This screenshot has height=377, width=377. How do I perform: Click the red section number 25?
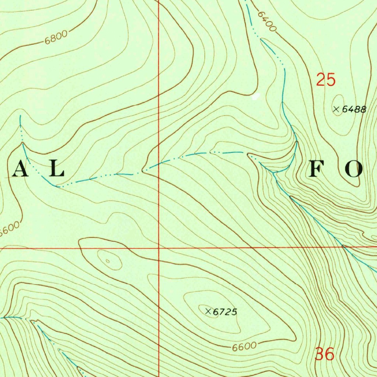(326, 80)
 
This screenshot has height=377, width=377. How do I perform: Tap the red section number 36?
(325, 354)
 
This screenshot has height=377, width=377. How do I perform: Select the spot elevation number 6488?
(354, 109)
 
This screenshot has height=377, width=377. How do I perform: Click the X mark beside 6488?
(336, 109)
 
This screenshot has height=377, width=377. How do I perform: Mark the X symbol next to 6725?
(208, 311)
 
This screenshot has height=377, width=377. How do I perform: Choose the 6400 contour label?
(267, 21)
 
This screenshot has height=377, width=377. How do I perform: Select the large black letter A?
(21, 170)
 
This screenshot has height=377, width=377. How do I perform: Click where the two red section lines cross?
(159, 248)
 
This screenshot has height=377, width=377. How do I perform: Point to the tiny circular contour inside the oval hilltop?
(108, 261)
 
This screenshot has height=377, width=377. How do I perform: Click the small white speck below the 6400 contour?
(256, 97)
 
